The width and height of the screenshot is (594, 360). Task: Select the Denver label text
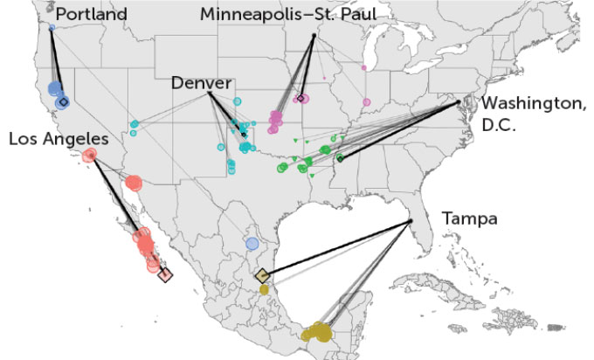201,83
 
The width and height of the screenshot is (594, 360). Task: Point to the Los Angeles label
59,139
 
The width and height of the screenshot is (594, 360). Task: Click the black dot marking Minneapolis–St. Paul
314,36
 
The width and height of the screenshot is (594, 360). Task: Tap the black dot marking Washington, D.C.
459,103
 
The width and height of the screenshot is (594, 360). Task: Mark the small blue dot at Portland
52,28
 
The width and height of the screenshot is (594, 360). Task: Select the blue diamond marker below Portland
62,102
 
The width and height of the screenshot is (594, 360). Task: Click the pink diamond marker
300,99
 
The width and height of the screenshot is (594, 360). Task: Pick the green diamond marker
340,158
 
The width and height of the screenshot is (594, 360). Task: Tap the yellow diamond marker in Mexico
263,276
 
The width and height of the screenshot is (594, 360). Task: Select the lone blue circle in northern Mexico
252,244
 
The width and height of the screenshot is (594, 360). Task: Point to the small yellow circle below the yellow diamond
264,290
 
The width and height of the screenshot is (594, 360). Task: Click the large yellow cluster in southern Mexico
318,332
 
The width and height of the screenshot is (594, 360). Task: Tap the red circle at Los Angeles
89,156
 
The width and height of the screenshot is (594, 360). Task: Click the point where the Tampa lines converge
411,222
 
